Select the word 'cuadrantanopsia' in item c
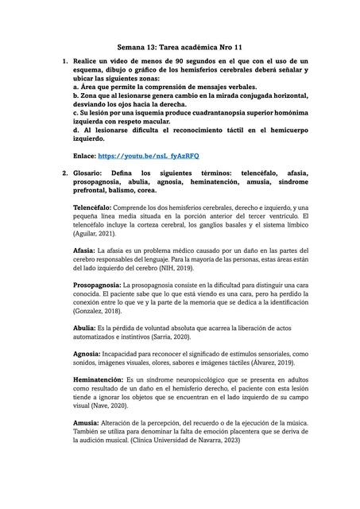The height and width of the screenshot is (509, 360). tap(222, 113)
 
